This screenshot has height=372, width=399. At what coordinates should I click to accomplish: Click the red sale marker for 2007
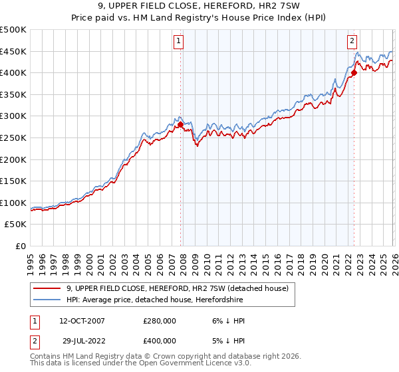(x=180, y=124)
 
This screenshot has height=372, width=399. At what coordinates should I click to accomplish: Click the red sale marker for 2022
(x=354, y=72)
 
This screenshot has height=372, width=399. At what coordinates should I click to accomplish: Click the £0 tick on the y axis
(x=20, y=246)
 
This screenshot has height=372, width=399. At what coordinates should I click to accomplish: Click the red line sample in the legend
(x=48, y=288)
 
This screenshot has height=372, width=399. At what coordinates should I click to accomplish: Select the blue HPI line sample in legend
(x=48, y=300)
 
